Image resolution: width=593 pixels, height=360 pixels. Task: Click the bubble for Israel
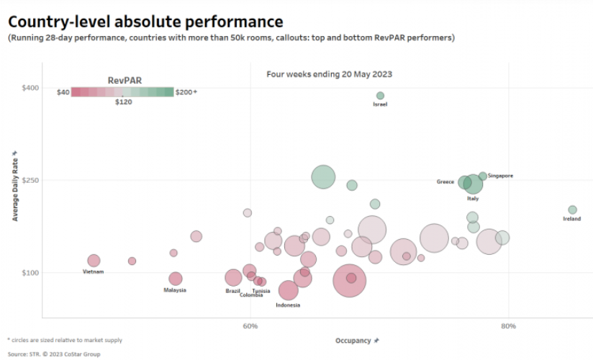(x=380, y=96)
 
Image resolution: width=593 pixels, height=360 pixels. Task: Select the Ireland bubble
(x=572, y=210)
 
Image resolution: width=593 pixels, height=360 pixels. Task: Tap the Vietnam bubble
(x=94, y=261)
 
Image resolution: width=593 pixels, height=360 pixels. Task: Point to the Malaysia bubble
(x=176, y=279)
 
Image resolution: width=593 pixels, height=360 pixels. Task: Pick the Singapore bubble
(x=483, y=176)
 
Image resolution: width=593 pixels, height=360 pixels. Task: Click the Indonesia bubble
(x=288, y=290)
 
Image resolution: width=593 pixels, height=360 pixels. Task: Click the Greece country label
(x=445, y=182)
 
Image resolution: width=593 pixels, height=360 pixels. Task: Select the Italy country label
(x=473, y=198)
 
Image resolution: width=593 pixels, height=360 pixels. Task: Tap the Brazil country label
(x=232, y=291)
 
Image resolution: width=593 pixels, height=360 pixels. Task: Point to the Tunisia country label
(x=261, y=291)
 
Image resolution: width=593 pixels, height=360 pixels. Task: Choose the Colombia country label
(x=251, y=295)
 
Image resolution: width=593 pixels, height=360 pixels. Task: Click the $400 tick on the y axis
(x=31, y=88)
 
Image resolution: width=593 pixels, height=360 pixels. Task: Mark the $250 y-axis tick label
(x=31, y=180)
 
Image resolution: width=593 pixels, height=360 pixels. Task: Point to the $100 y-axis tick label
(x=31, y=273)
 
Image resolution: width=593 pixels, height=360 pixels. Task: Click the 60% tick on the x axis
(x=250, y=327)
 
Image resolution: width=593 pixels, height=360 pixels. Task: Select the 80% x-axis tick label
(x=508, y=327)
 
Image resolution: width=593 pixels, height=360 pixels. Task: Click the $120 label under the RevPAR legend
(x=124, y=102)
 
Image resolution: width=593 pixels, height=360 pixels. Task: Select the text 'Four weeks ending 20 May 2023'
(x=329, y=74)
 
